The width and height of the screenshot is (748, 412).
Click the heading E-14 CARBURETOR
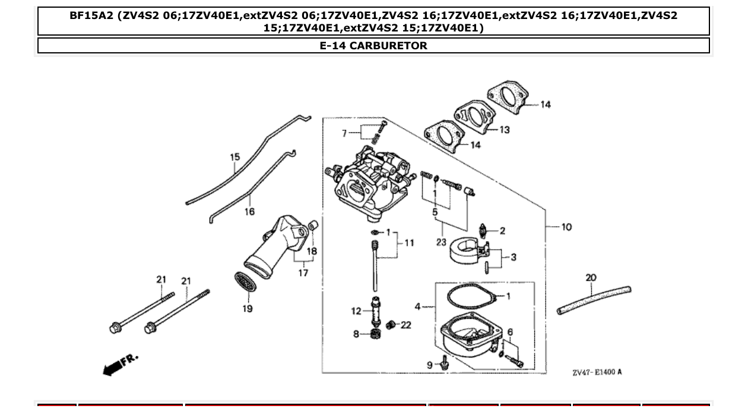click(373, 46)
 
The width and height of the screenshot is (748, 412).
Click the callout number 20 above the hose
click(591, 277)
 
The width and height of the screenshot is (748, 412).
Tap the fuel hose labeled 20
click(594, 300)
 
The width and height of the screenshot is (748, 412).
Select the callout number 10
click(566, 227)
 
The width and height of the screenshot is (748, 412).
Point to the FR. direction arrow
click(119, 365)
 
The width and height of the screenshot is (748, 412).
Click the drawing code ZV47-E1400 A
click(597, 372)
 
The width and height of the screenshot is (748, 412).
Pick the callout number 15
click(235, 157)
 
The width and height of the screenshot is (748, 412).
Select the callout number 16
click(249, 211)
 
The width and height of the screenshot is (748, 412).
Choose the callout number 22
click(405, 325)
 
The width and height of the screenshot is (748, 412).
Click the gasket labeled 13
click(473, 118)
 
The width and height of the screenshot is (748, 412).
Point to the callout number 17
click(303, 273)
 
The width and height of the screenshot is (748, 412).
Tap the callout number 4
click(418, 307)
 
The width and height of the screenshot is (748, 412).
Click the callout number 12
click(356, 310)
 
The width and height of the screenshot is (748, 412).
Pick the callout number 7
click(343, 134)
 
